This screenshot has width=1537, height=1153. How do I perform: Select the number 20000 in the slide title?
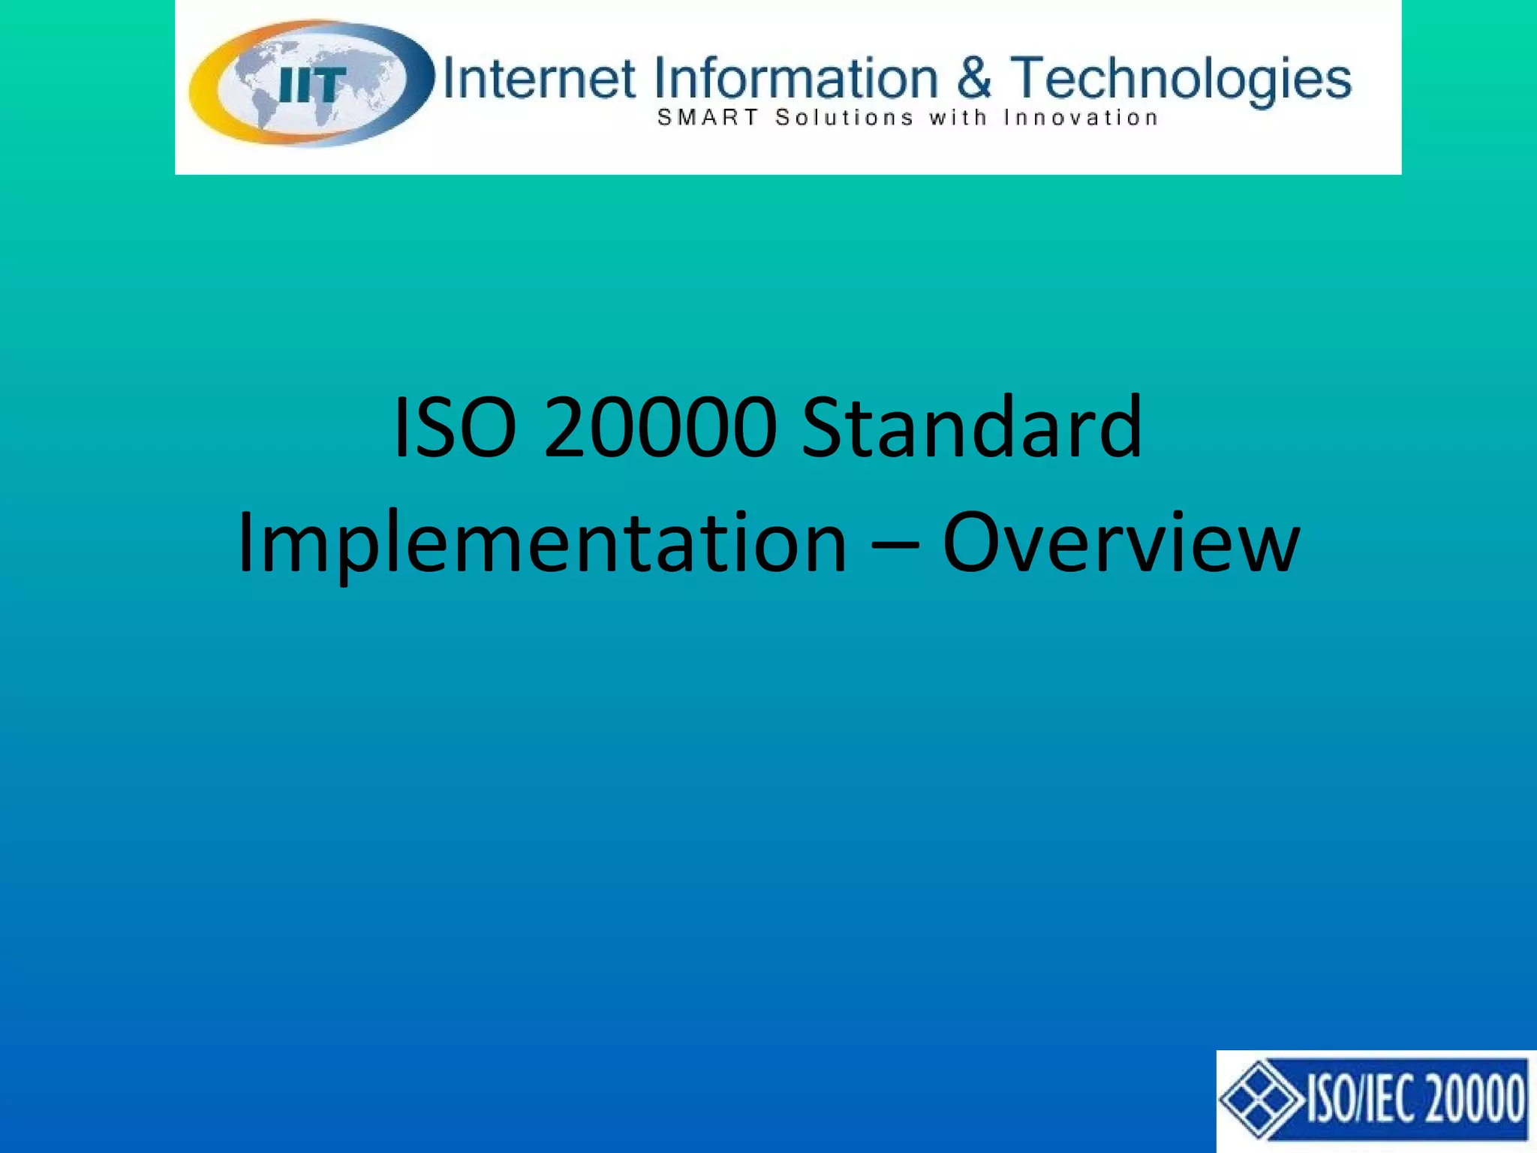click(x=660, y=428)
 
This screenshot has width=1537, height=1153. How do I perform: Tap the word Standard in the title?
click(x=972, y=428)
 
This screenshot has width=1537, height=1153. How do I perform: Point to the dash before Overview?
click(x=895, y=546)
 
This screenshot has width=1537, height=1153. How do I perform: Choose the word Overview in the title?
click(x=1120, y=542)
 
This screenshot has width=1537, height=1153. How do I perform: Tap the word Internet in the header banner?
click(x=539, y=78)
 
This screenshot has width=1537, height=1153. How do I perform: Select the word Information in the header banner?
click(x=796, y=78)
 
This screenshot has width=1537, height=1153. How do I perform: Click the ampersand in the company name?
click(x=973, y=78)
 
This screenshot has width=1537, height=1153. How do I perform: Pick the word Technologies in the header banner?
click(x=1181, y=80)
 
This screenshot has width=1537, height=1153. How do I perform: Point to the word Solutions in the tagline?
click(x=844, y=118)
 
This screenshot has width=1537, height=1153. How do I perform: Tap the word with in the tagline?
click(x=957, y=118)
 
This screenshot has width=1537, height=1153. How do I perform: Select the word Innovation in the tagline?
click(x=1081, y=118)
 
